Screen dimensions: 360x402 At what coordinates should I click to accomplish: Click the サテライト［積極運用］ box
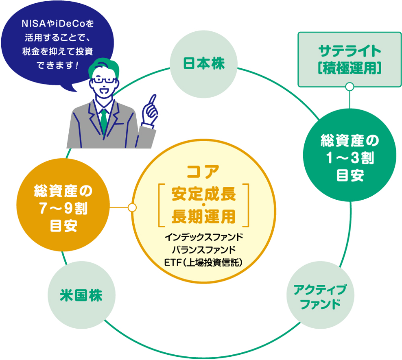click(350, 60)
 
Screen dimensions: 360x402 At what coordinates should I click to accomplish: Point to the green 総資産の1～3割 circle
click(350, 159)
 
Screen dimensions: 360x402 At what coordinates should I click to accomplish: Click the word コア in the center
click(203, 171)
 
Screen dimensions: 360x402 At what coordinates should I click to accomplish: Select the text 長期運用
click(203, 216)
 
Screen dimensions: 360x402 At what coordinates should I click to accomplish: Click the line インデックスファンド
click(203, 237)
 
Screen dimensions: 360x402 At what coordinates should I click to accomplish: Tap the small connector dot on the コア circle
click(132, 207)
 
